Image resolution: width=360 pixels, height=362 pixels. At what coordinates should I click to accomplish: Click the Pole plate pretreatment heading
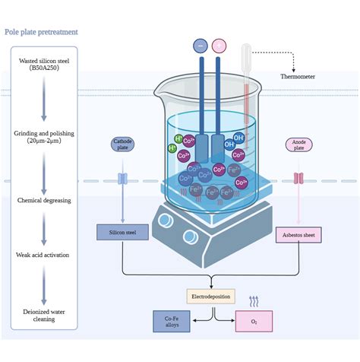pyautogui.click(x=41, y=32)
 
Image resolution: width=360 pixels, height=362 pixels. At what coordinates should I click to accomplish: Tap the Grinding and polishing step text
pyautogui.click(x=43, y=137)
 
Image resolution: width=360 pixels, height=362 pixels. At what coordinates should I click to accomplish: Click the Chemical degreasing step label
pyautogui.click(x=43, y=200)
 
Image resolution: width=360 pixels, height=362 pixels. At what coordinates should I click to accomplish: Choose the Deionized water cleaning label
pyautogui.click(x=43, y=313)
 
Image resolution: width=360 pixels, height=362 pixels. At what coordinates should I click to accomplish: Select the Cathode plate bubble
pyautogui.click(x=122, y=144)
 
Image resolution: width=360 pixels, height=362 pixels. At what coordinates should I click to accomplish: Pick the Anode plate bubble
pyautogui.click(x=297, y=144)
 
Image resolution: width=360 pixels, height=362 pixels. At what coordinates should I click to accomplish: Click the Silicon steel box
pyautogui.click(x=122, y=233)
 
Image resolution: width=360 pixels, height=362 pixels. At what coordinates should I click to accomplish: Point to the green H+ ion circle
pyautogui.click(x=179, y=139)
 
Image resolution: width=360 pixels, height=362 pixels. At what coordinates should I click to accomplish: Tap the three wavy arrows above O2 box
pyautogui.click(x=254, y=301)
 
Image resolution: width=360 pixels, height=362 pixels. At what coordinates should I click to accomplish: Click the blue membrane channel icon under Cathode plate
pyautogui.click(x=122, y=180)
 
